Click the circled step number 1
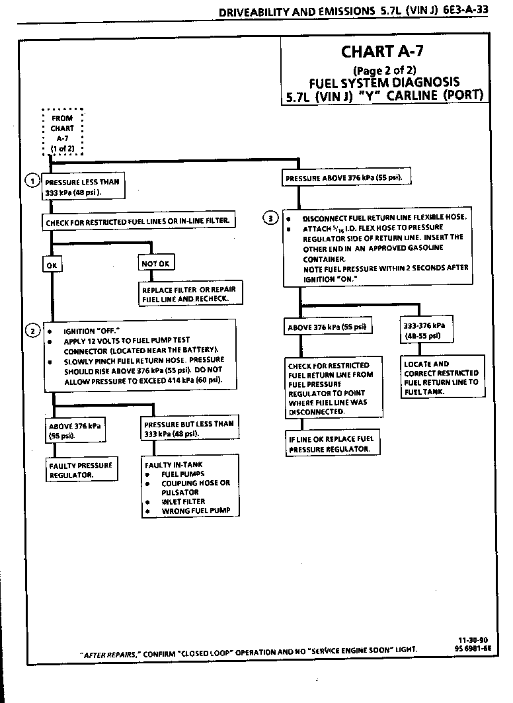point(31,181)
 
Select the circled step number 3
point(270,218)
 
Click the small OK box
point(51,264)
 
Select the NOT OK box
point(156,264)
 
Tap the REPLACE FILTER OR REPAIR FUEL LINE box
point(188,294)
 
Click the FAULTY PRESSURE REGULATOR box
point(81,470)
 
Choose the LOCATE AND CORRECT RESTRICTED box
point(441,378)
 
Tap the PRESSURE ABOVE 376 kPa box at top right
point(344,178)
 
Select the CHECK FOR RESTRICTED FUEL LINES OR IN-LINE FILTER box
point(139,222)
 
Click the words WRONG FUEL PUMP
point(190,511)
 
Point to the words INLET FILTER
point(183,501)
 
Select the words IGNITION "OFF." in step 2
point(91,331)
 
